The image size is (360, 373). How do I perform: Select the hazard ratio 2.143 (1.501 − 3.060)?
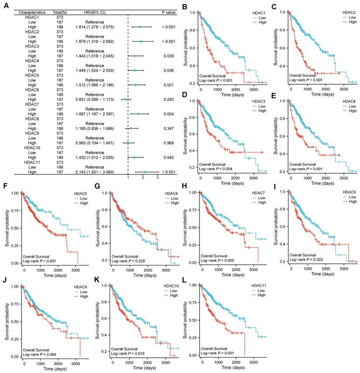pyautogui.click(x=95, y=172)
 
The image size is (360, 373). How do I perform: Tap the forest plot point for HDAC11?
pyautogui.click(x=145, y=172)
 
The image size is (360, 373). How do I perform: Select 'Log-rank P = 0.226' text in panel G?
pyautogui.click(x=128, y=261)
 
